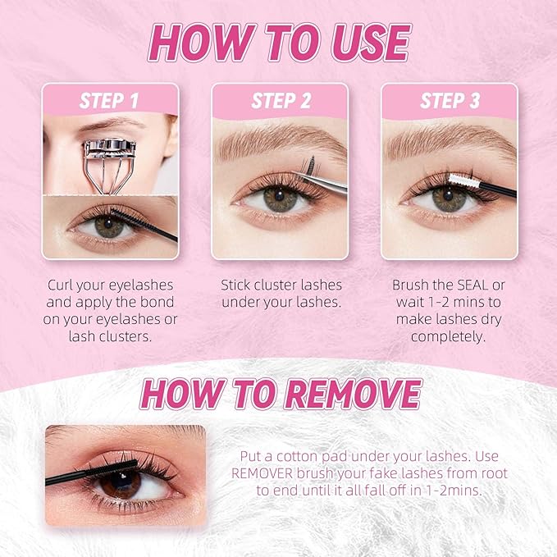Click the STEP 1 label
(109, 101)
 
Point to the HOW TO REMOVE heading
(280, 395)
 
